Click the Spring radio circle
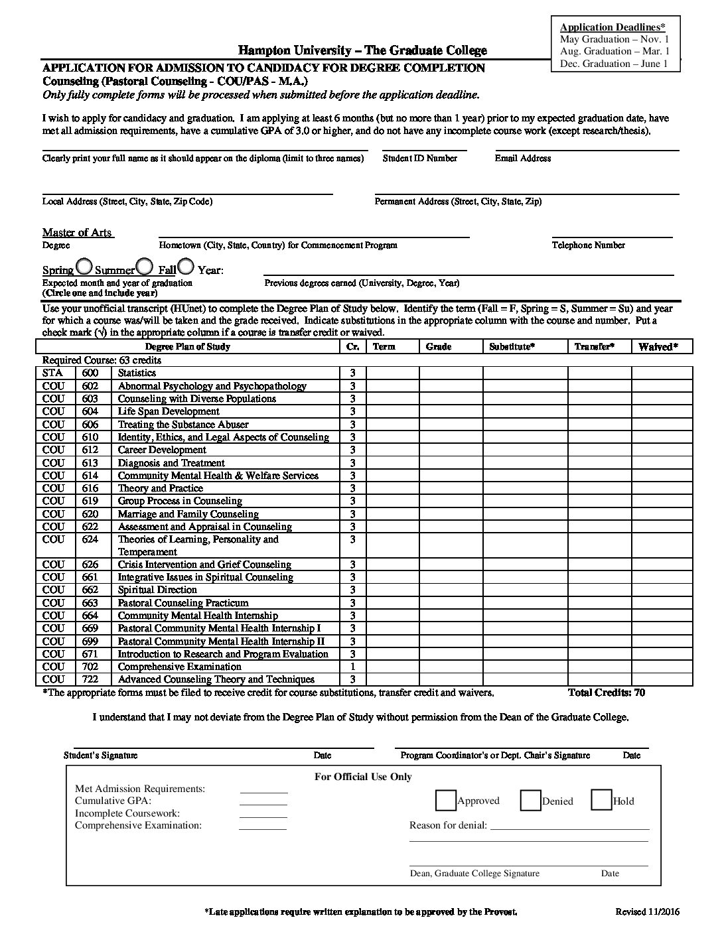point(84,267)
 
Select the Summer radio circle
point(144,267)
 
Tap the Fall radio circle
point(186,267)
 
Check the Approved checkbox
point(446,801)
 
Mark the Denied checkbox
point(530,801)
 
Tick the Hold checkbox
point(601,801)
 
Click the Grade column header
point(439,347)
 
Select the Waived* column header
point(658,347)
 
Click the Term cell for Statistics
point(392,373)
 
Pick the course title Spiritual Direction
point(157,590)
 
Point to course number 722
point(90,679)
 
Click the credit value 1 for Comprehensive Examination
point(353,667)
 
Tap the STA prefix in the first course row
point(52,373)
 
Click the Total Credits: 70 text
point(607,693)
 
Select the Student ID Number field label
point(419,159)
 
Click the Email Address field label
point(522,159)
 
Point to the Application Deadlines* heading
point(613,27)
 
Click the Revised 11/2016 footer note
point(647,912)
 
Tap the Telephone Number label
point(588,245)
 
